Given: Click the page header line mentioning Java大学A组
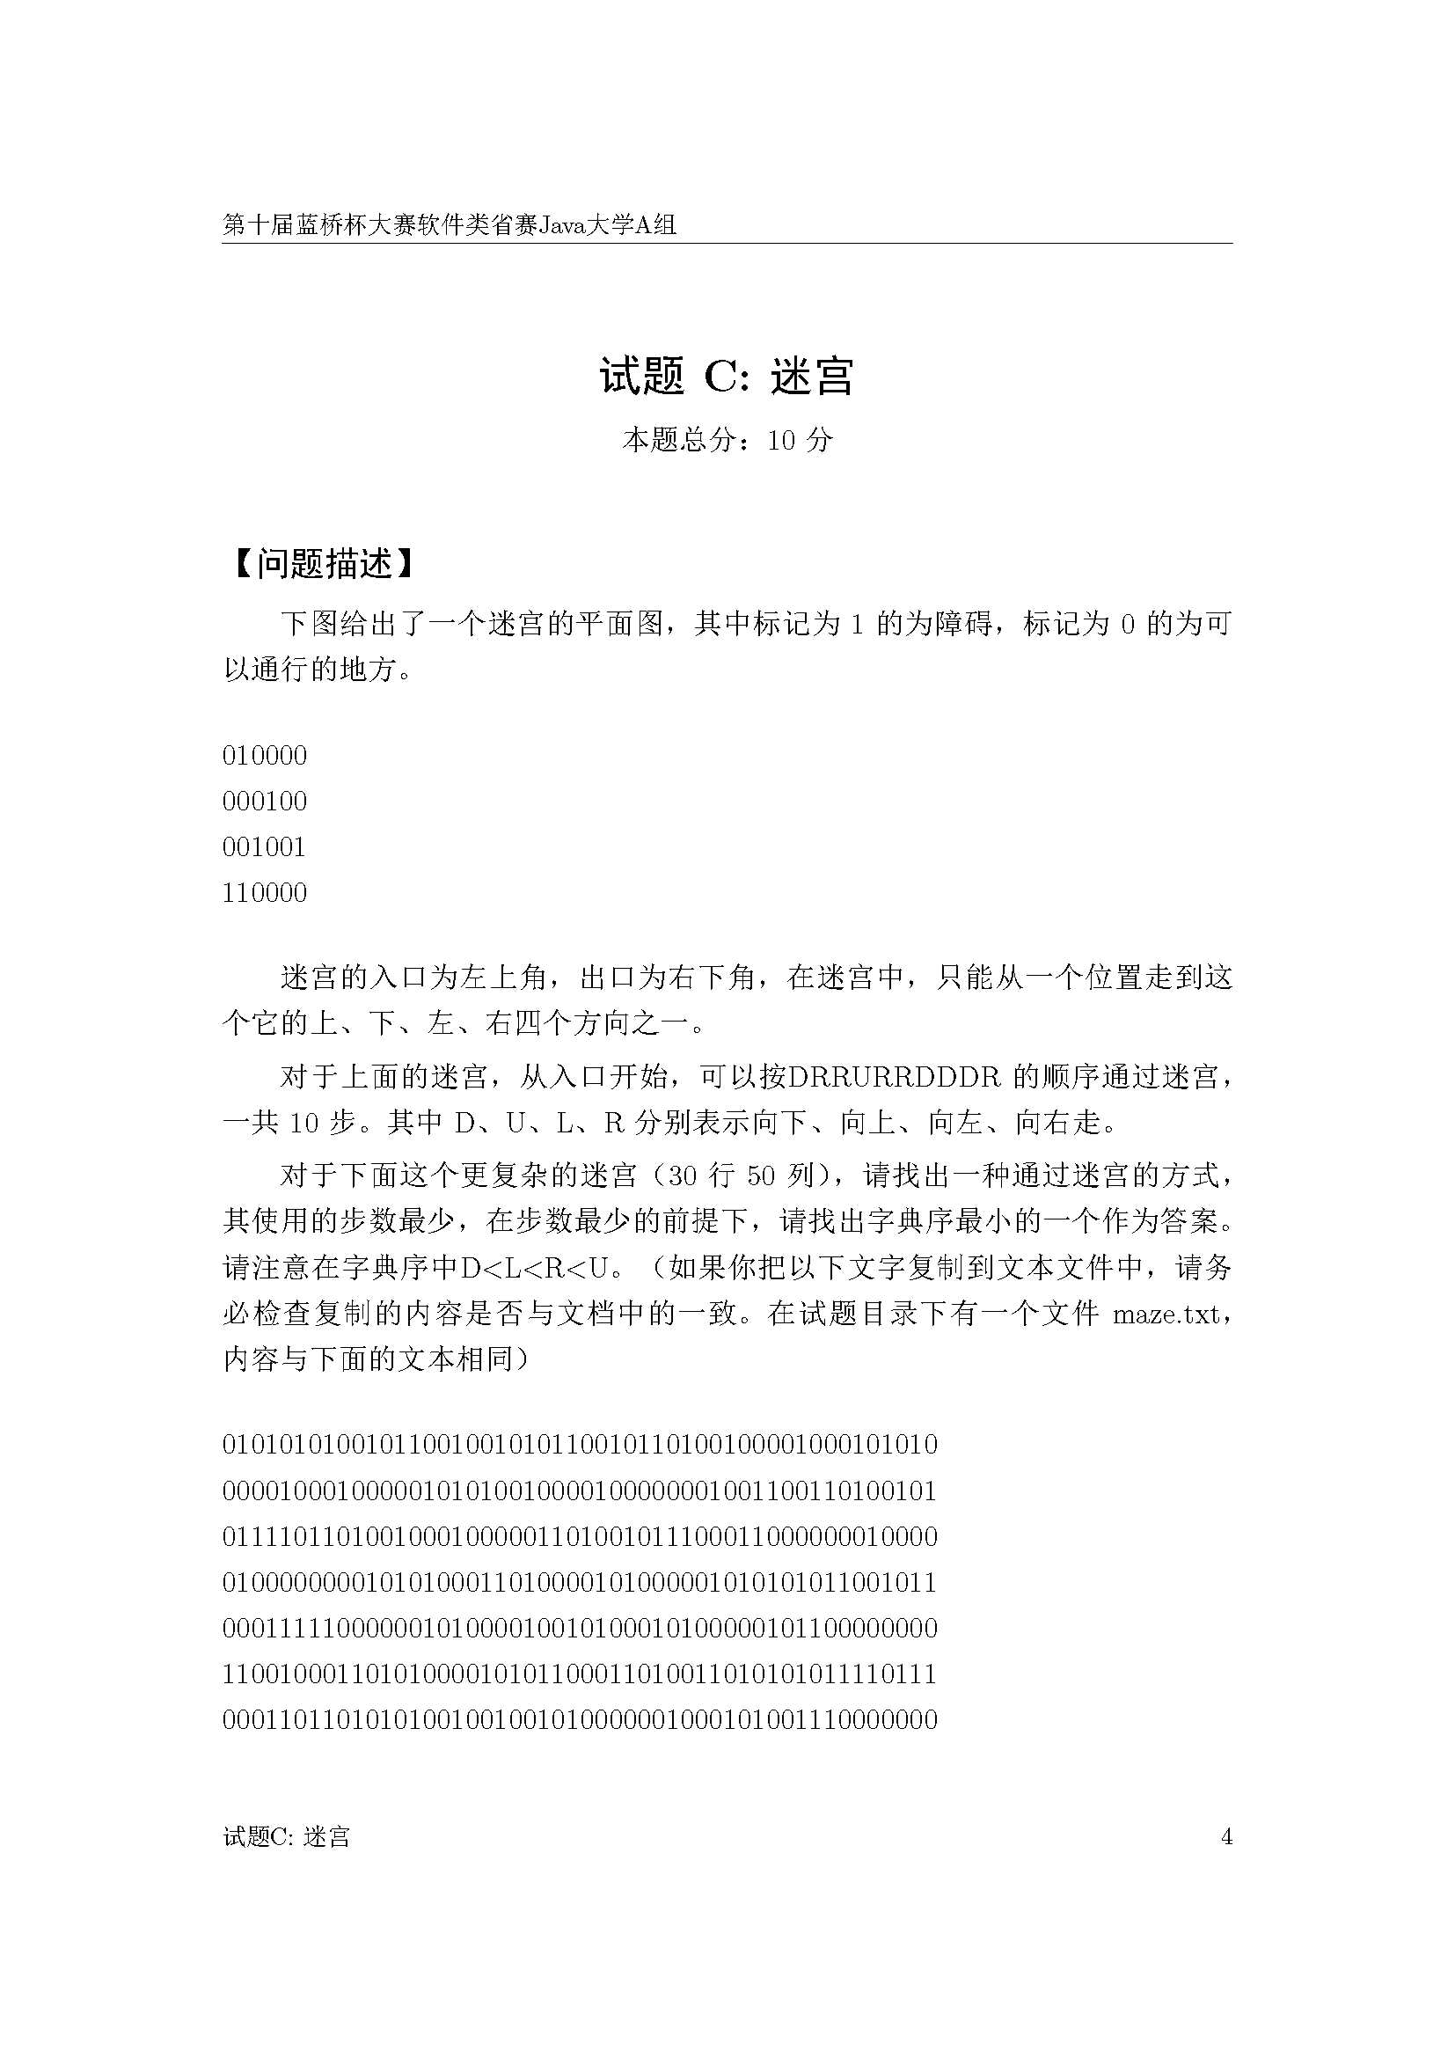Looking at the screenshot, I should pos(449,225).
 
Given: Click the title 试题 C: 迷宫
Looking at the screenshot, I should pos(727,377).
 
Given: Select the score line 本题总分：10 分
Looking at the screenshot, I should pos(727,440).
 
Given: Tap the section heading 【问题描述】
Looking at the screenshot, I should pos(323,564).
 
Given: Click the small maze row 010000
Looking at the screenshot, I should pos(264,756).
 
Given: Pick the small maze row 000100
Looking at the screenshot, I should pos(264,802).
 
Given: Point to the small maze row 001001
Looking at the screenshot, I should pos(264,847).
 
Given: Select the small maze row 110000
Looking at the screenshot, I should pos(264,893).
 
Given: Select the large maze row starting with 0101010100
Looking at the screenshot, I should pos(580,1445).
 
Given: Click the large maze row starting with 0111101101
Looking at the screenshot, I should pos(580,1536).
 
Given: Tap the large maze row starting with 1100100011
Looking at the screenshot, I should pos(580,1673).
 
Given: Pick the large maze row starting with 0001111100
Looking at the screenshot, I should pos(580,1628).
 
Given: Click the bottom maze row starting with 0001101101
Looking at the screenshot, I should pos(580,1719).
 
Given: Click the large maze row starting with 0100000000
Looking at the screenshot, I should pos(580,1582).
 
